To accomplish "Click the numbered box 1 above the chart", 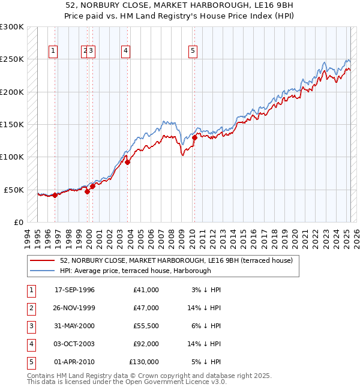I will click(x=53, y=52).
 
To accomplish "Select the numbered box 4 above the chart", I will click(x=125, y=52).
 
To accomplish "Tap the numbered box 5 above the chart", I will click(x=193, y=52).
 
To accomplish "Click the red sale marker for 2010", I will click(x=194, y=137).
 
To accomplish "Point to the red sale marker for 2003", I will click(x=128, y=162).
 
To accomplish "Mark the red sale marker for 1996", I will click(x=55, y=195).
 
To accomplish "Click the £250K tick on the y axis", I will click(x=12, y=59).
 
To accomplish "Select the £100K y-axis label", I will click(x=12, y=157).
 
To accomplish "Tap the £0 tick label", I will click(x=17, y=222).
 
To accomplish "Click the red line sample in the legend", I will click(x=42, y=260).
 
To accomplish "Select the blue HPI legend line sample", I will click(x=42, y=271).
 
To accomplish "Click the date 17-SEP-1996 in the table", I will click(x=74, y=290).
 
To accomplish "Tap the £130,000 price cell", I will click(x=144, y=362).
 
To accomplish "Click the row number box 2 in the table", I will click(x=30, y=308).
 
